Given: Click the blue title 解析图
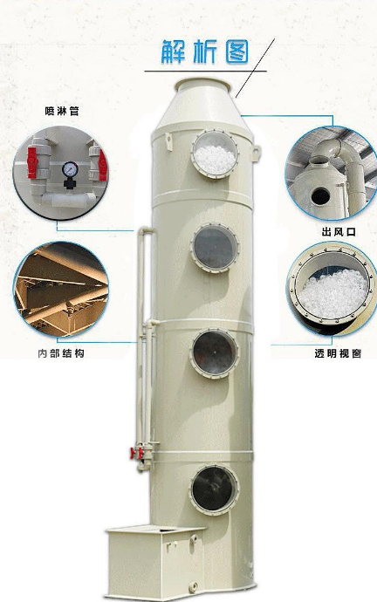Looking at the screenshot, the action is click(205, 51).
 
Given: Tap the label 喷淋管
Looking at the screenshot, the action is click(62, 112).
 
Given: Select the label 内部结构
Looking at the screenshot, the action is click(61, 352).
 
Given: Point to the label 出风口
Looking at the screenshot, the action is click(339, 232).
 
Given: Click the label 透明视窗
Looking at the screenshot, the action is click(338, 353).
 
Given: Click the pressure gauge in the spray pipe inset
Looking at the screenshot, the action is click(70, 169).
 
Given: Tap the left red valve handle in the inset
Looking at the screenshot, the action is click(32, 163).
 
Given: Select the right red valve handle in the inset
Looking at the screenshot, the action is click(102, 164).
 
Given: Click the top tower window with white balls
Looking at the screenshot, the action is click(215, 154).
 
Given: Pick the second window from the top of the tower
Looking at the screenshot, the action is click(215, 248).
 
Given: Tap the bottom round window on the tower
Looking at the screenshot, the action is click(214, 489).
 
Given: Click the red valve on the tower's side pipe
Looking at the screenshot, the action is click(134, 453).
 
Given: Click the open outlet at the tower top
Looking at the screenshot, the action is click(202, 85).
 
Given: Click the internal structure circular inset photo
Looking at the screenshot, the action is click(61, 290).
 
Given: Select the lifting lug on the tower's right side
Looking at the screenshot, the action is click(256, 152).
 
